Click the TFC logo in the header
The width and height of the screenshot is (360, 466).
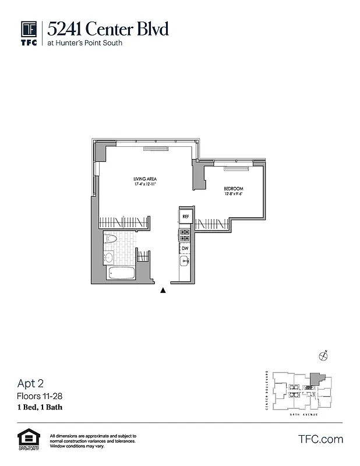(x=29, y=32)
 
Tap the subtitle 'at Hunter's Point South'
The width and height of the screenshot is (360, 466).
(x=85, y=43)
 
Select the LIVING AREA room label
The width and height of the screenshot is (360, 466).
(x=144, y=179)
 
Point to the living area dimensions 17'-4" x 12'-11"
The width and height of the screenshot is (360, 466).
(x=144, y=185)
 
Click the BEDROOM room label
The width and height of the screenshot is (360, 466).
(x=234, y=189)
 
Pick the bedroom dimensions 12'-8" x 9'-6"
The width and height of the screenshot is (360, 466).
(x=234, y=195)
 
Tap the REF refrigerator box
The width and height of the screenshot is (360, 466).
(x=185, y=216)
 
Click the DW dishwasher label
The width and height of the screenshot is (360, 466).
(x=185, y=248)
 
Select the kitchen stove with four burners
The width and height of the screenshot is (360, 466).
(x=185, y=235)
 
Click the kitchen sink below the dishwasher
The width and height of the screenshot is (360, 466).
(x=185, y=262)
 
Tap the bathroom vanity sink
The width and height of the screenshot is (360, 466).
(x=109, y=257)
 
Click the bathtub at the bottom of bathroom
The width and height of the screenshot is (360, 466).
(x=118, y=273)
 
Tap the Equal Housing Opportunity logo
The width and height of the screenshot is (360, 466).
(x=26, y=440)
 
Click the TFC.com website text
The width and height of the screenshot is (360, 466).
(x=320, y=439)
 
